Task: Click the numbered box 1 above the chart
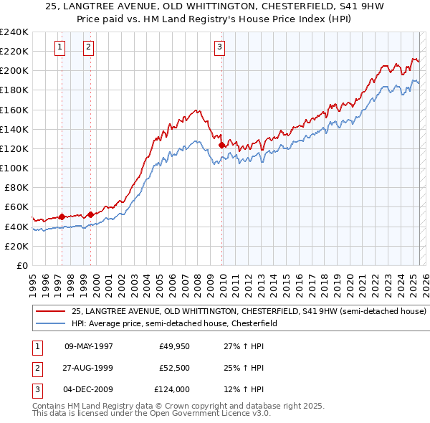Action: [59, 48]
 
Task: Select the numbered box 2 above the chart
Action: [88, 48]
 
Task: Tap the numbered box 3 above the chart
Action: [219, 48]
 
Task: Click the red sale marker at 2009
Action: [221, 145]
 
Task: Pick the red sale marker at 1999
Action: [91, 214]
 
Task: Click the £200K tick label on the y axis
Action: [14, 71]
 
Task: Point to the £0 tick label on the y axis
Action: [22, 265]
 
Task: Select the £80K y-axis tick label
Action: [16, 187]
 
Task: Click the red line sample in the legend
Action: [51, 312]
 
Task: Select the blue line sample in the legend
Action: [51, 323]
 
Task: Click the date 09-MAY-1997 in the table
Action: [89, 346]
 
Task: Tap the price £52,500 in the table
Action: [174, 368]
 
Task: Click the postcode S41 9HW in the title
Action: [318, 7]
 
